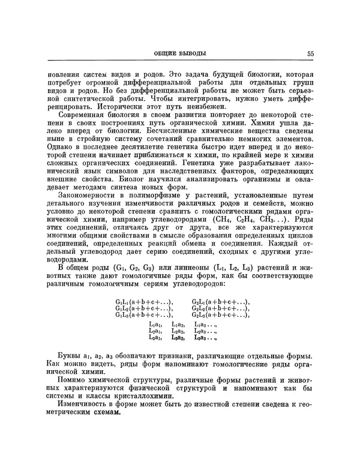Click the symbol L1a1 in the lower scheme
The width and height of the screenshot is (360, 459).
(x=155, y=324)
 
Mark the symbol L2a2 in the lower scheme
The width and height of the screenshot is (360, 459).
(x=178, y=331)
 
